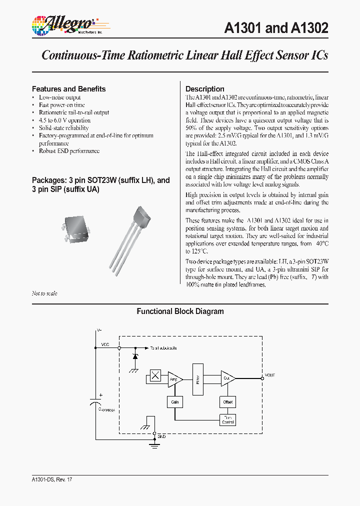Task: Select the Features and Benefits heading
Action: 68,89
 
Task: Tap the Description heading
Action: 204,89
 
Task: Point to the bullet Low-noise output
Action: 59,97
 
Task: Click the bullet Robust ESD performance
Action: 69,151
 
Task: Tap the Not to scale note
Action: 44,293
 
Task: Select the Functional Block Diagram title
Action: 180,311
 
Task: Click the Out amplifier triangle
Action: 227,378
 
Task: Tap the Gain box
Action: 175,402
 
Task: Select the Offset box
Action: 227,402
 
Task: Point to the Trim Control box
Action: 227,419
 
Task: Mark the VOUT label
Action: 269,375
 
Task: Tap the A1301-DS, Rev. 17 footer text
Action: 52,479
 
